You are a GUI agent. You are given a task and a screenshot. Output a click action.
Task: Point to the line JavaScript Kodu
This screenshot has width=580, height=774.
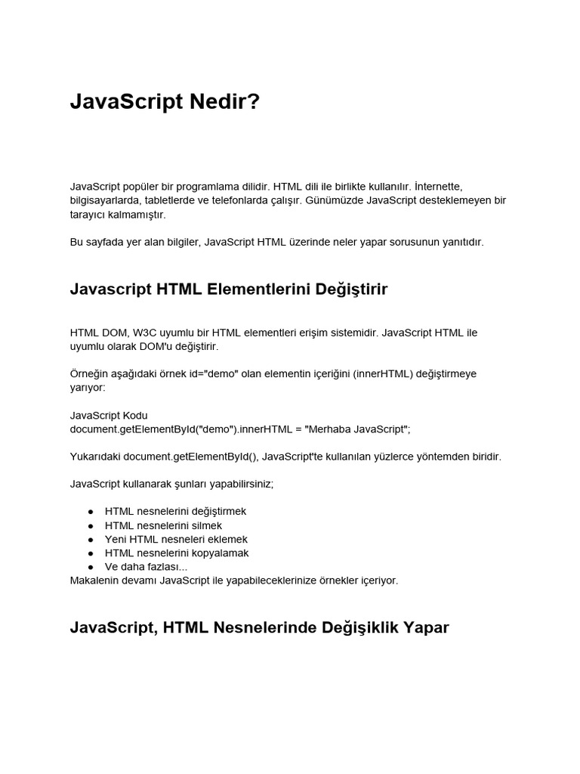[x=109, y=415]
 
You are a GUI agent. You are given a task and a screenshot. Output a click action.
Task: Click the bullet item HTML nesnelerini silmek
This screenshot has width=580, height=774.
[x=163, y=525]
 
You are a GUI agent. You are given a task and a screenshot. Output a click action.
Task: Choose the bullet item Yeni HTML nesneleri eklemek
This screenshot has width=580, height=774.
[x=176, y=539]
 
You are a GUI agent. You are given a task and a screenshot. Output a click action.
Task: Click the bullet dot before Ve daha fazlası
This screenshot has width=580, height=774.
[x=90, y=567]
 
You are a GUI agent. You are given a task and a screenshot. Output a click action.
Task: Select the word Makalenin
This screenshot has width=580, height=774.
[x=94, y=580]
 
